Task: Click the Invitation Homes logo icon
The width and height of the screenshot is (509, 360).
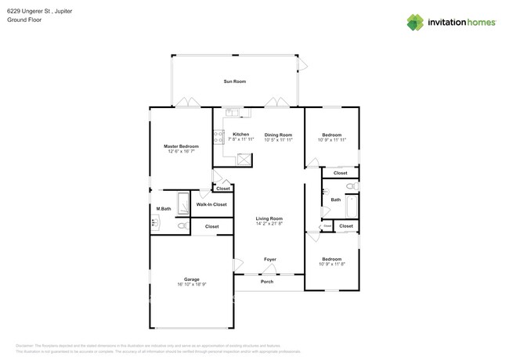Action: tap(415, 22)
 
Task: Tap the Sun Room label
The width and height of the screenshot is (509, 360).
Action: tap(234, 81)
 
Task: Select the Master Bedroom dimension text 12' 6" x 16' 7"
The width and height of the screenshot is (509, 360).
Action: tap(180, 151)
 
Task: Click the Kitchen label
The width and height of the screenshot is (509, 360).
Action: tap(241, 135)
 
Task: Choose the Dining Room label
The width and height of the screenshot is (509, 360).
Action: tap(278, 135)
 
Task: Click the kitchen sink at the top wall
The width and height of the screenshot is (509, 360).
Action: tap(233, 113)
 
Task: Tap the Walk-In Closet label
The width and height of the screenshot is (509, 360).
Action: tap(211, 204)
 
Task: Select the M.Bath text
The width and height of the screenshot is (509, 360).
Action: tap(164, 208)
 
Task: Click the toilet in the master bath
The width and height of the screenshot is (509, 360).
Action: tap(182, 226)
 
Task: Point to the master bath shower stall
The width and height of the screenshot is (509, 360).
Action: tap(183, 204)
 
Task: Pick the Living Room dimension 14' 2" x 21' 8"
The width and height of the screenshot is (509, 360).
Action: tap(269, 224)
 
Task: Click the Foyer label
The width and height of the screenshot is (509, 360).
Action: tap(269, 259)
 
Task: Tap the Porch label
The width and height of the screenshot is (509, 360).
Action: tap(267, 282)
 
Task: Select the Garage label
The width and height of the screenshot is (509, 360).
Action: tap(191, 279)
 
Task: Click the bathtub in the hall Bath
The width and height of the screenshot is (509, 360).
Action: tap(352, 205)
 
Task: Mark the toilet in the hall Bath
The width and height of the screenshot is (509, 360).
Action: tap(351, 186)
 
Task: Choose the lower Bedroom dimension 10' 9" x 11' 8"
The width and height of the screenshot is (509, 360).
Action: tap(331, 264)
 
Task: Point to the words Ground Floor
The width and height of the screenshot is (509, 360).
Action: tap(24, 20)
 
